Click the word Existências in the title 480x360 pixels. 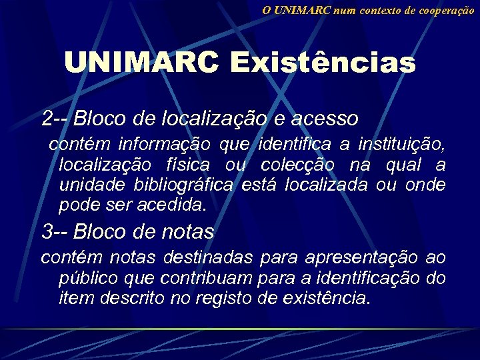click(323, 63)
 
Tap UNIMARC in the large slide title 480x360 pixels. click(141, 63)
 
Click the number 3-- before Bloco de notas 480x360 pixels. click(55, 231)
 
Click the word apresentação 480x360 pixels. click(361, 257)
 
